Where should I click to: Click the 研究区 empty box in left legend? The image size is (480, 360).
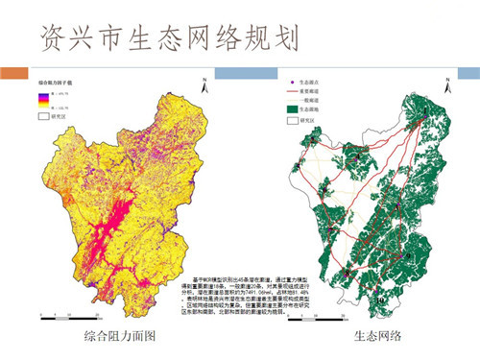[x=43, y=117]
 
